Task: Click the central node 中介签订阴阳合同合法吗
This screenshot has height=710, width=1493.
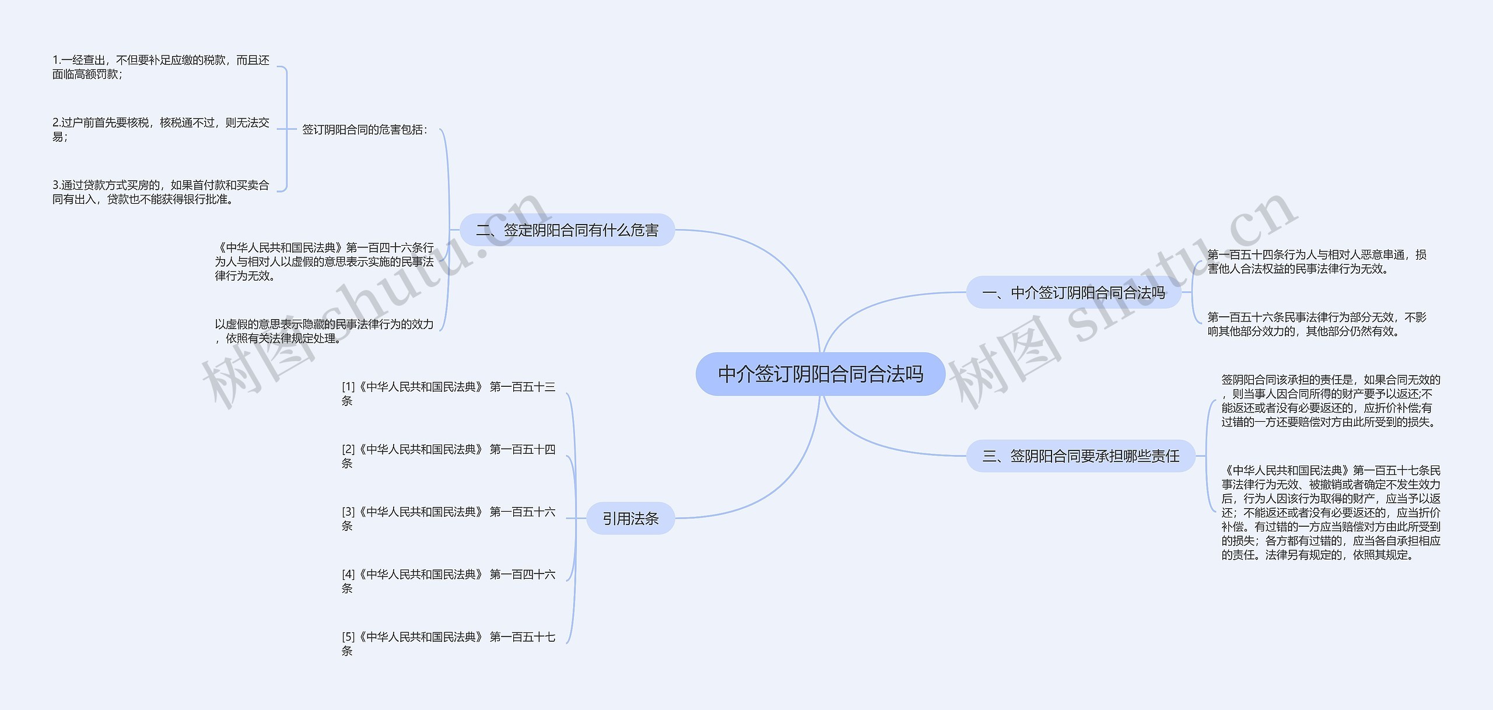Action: point(820,374)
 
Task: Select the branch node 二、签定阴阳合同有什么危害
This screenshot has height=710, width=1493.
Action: point(567,230)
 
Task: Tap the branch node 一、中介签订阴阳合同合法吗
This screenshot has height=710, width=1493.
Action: point(1073,292)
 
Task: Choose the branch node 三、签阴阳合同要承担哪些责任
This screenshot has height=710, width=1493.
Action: point(1080,456)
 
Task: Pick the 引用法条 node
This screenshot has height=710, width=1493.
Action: point(630,518)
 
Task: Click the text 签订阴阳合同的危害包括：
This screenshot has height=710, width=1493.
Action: point(365,130)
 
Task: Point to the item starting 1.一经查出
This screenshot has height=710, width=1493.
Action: point(160,67)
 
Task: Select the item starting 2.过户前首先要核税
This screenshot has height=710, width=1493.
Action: point(160,130)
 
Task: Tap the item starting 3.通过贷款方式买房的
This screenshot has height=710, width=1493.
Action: point(160,192)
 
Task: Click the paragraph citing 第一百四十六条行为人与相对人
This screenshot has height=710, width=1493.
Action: point(324,261)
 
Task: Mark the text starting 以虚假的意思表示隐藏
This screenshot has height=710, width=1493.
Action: point(324,331)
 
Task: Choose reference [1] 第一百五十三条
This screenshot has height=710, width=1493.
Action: point(448,393)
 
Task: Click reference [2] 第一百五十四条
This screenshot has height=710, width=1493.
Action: point(448,456)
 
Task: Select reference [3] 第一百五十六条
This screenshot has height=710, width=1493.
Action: point(448,518)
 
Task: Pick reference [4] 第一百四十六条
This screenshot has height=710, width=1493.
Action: point(448,581)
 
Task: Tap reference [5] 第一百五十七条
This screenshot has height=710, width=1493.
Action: point(448,643)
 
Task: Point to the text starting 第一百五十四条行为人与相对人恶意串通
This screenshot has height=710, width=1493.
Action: point(1316,261)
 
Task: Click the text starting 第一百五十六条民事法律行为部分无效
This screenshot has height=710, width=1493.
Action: point(1316,324)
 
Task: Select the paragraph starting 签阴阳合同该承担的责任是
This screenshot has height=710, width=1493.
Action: point(1330,400)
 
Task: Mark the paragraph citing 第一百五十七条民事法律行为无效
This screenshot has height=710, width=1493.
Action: point(1330,512)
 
